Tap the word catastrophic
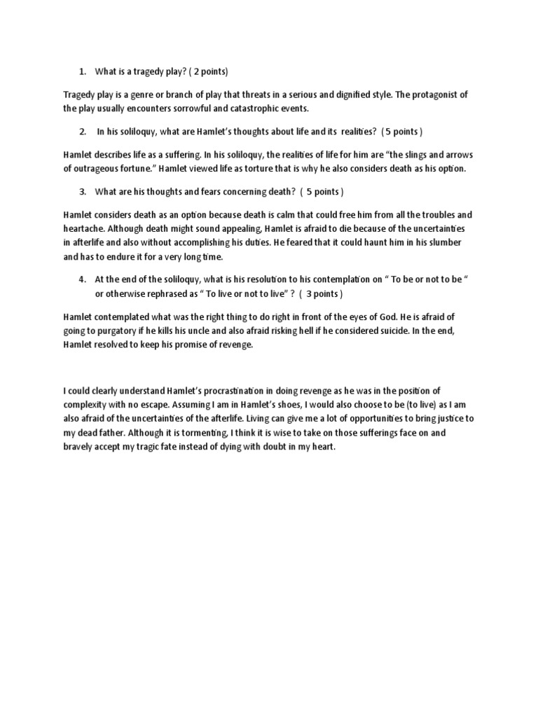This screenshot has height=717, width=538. point(255,109)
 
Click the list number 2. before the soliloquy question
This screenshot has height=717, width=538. point(82,132)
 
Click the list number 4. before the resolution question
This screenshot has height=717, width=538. point(82,279)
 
